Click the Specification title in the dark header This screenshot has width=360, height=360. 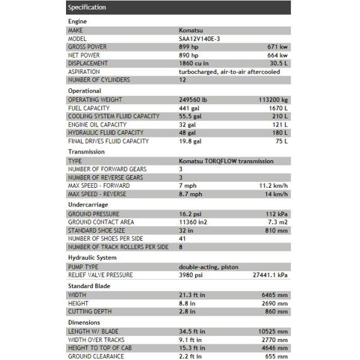point(87,7)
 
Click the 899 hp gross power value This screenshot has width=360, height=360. point(189,46)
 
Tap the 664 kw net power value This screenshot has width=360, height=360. point(277,55)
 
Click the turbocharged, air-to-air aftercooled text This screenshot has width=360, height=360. point(229,71)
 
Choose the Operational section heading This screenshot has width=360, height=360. point(85,91)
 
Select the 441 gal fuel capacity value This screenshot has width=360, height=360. point(189,108)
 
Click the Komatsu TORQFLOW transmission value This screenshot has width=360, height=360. point(226,161)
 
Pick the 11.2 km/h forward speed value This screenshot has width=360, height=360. point(273,186)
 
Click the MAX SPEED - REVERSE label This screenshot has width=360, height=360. point(98,194)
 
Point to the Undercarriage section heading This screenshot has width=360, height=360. point(88,204)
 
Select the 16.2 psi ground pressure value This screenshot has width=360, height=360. point(191,214)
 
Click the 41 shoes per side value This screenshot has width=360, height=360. point(182,239)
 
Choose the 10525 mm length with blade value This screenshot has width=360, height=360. point(273,331)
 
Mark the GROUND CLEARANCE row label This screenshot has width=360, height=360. point(96,356)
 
